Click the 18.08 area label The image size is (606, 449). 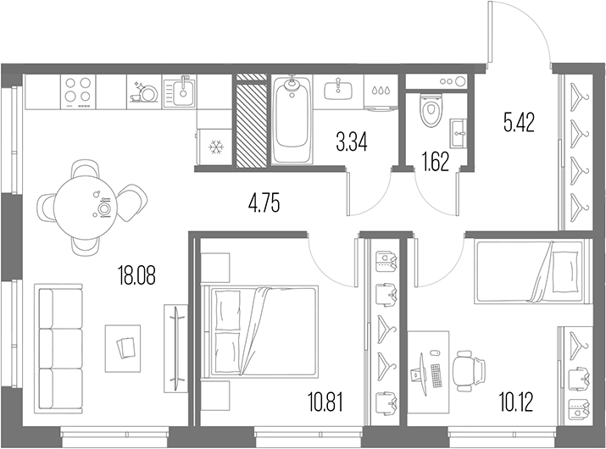(137, 277)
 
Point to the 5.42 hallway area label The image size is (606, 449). (519, 123)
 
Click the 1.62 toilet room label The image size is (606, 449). (436, 163)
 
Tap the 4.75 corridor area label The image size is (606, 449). (264, 203)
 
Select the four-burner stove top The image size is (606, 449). (78, 91)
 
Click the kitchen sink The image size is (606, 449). (180, 92)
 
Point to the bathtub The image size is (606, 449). (292, 119)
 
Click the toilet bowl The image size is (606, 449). (431, 110)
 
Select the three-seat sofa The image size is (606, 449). (58, 349)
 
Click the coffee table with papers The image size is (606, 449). (123, 348)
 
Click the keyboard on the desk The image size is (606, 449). (436, 375)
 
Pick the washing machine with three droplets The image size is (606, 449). (381, 92)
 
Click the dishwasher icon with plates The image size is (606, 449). (144, 92)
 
